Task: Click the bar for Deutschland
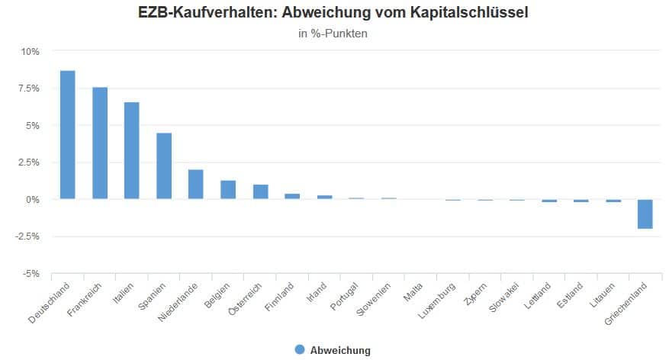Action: [68, 135]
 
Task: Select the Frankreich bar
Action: [100, 143]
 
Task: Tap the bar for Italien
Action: [132, 151]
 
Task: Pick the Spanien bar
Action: [164, 166]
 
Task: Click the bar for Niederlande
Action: [196, 185]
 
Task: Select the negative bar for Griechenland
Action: [645, 214]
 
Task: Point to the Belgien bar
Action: [228, 190]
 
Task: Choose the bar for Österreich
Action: [260, 192]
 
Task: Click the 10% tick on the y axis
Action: [31, 52]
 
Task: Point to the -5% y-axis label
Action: [31, 273]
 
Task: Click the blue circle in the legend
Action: [299, 349]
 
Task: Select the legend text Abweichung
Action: [340, 350]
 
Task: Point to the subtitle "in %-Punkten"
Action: [333, 34]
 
